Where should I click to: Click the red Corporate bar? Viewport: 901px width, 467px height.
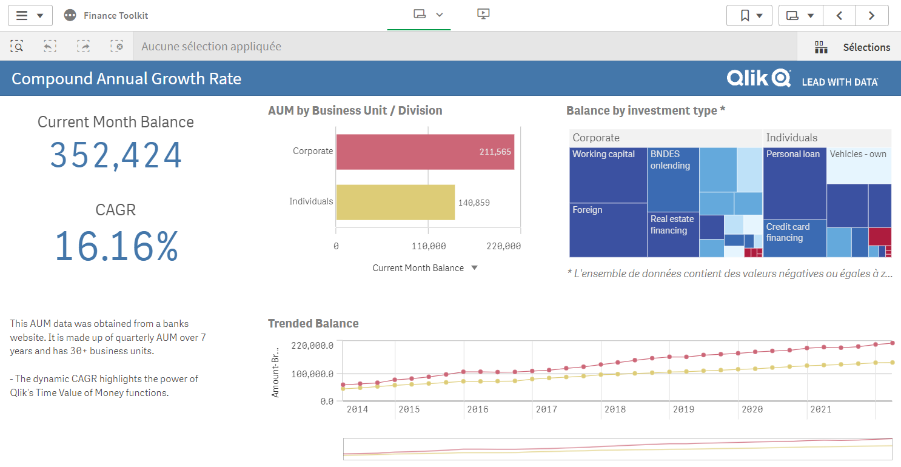[424, 152]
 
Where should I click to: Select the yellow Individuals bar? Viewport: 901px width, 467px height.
[395, 202]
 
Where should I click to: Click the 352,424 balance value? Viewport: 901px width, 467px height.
[116, 155]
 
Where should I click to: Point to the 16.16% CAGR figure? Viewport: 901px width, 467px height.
[116, 246]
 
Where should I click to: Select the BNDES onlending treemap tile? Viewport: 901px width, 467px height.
[673, 180]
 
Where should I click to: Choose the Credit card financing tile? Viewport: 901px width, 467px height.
[794, 238]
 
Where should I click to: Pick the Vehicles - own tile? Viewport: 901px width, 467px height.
[859, 165]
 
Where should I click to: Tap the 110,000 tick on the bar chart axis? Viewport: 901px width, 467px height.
[429, 246]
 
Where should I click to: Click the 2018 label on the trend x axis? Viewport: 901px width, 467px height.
[615, 409]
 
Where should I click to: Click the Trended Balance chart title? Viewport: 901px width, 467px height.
[313, 323]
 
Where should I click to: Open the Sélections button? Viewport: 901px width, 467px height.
[853, 47]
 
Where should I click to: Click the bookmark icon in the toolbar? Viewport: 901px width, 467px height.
[745, 16]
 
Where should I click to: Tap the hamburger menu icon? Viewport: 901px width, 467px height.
[22, 16]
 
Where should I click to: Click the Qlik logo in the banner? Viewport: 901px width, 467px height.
[759, 78]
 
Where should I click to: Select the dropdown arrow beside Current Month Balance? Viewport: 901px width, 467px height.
[475, 268]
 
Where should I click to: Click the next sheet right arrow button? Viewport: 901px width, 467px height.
[871, 16]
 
